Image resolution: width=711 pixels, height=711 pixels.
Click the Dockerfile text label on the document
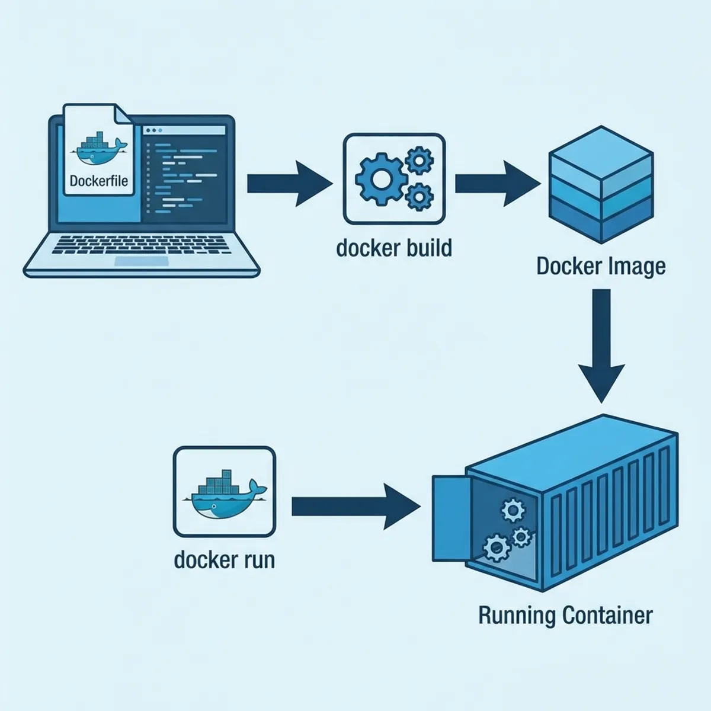tap(98, 181)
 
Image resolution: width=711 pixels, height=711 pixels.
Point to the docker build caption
tap(394, 248)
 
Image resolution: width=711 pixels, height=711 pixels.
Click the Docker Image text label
tap(601, 267)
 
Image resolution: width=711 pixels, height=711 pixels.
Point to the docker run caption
tap(224, 560)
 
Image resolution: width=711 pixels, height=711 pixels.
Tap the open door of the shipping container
tap(450, 518)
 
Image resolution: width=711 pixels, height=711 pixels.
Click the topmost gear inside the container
tap(513, 510)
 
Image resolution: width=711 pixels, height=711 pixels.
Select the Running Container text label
tap(565, 615)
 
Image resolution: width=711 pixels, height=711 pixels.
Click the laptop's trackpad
tap(141, 261)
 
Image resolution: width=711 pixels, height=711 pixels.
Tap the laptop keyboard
tap(141, 244)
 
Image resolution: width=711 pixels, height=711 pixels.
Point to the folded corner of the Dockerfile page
tap(123, 114)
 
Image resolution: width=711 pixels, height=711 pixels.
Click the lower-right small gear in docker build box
tap(419, 196)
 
